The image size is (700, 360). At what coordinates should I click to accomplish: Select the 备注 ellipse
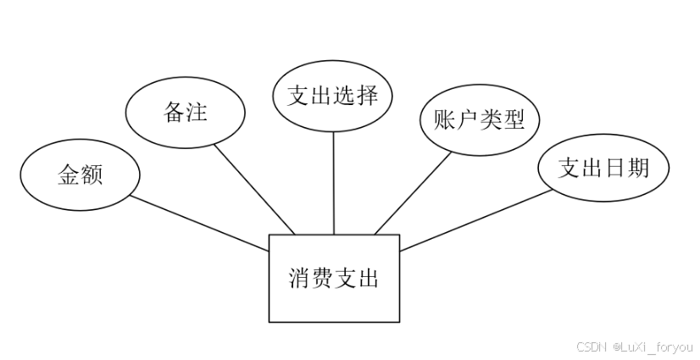click(x=185, y=112)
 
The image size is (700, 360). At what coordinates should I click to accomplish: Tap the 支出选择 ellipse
click(x=332, y=96)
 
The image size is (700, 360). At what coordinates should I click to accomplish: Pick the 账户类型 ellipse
click(x=479, y=119)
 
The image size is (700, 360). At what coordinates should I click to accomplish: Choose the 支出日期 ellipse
click(x=603, y=168)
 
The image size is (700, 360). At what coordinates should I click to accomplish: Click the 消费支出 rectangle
click(x=333, y=278)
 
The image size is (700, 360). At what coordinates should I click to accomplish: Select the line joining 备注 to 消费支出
click(x=254, y=188)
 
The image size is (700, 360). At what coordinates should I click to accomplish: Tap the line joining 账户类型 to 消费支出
click(x=413, y=193)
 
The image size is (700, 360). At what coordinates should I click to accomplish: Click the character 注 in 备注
click(x=197, y=112)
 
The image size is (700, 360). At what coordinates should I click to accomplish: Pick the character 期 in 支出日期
click(x=637, y=168)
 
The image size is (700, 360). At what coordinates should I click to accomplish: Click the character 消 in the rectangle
click(x=299, y=278)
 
